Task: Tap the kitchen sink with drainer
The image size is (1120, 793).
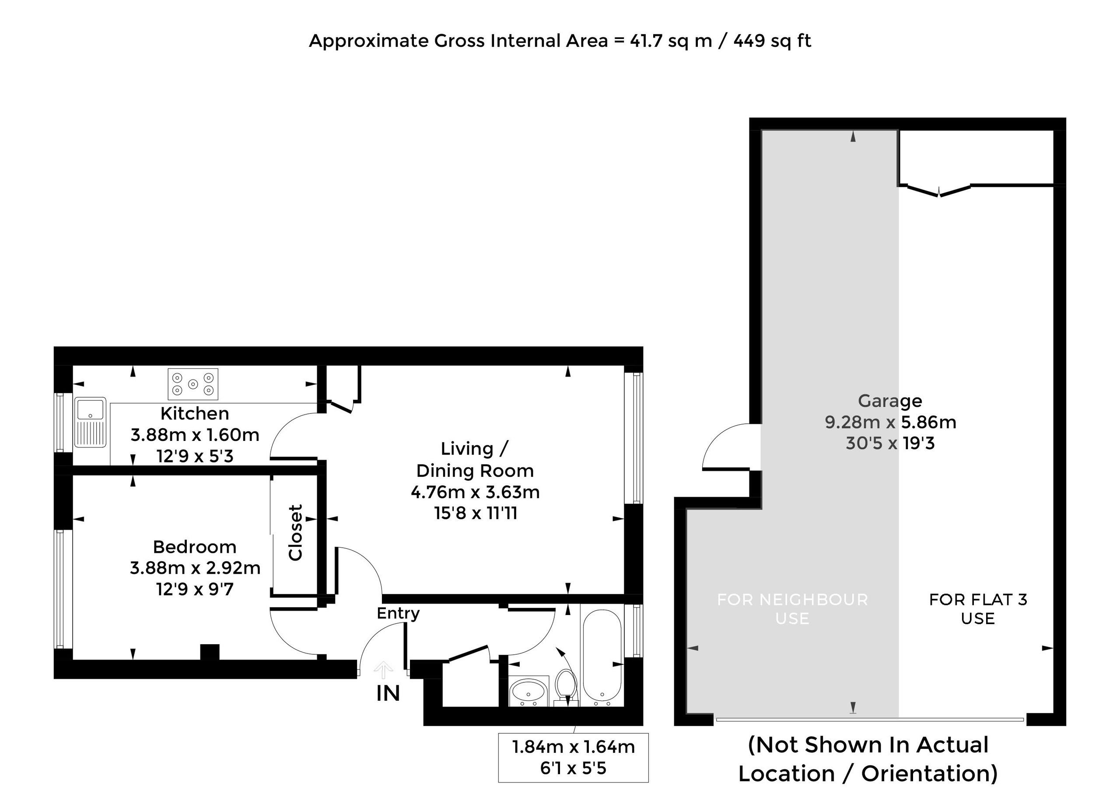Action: click(91, 423)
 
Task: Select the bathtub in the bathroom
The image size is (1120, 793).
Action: click(601, 657)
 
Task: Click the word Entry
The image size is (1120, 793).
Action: click(398, 614)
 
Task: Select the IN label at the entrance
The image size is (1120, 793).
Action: click(388, 693)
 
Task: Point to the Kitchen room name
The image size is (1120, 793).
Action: click(195, 414)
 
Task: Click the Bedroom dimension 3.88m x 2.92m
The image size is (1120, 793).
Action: click(195, 568)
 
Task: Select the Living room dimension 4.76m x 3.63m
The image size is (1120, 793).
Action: click(475, 492)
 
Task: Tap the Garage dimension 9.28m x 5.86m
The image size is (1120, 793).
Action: click(890, 422)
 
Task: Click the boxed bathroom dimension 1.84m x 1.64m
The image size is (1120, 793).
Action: click(574, 747)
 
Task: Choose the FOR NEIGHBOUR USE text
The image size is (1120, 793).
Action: click(792, 609)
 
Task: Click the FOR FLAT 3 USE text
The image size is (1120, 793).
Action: click(978, 609)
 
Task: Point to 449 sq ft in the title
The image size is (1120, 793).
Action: click(772, 41)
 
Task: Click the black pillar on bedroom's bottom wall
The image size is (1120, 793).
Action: click(210, 652)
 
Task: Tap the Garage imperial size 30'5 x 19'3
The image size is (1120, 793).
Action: click(890, 444)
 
